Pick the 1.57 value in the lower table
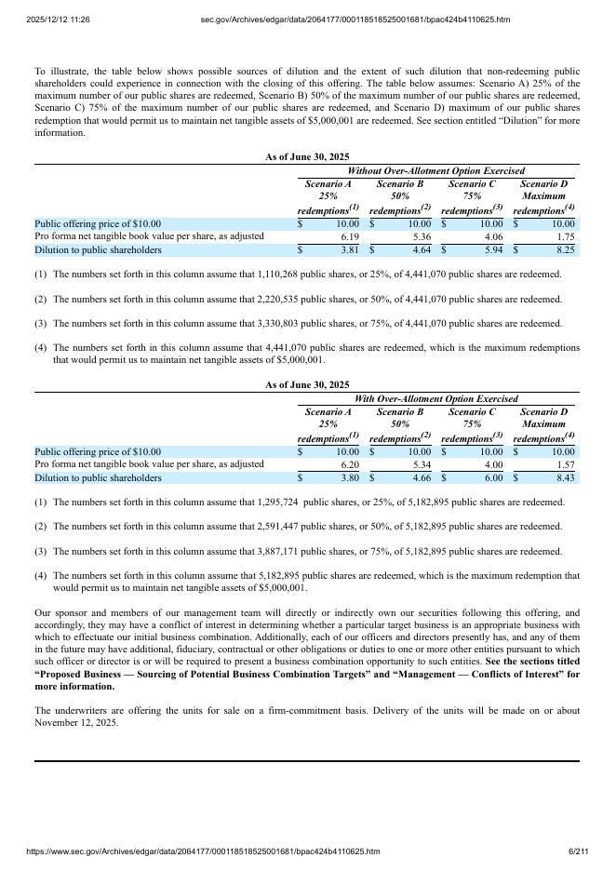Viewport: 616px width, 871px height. coord(565,465)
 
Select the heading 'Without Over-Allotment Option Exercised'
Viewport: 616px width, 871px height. coord(435,171)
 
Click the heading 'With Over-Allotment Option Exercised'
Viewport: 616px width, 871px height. coord(435,399)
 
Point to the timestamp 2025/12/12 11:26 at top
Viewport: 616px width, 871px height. coord(59,20)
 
